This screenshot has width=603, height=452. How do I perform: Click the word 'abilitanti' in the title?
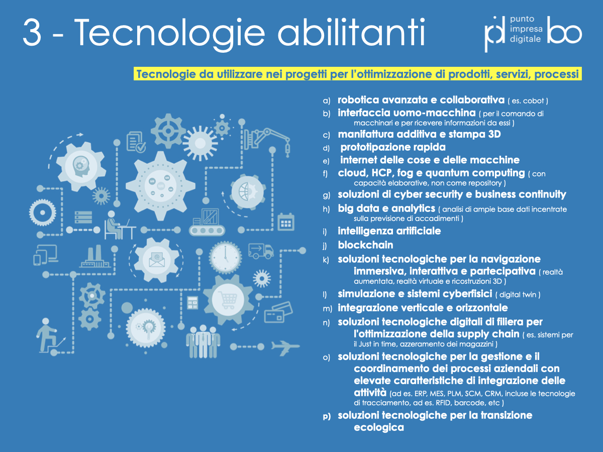pyautogui.click(x=352, y=32)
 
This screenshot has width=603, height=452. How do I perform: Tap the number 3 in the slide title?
pyautogui.click(x=33, y=32)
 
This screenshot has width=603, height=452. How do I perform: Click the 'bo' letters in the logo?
pyautogui.click(x=564, y=30)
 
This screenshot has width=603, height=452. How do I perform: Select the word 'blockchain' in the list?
pyautogui.click(x=365, y=245)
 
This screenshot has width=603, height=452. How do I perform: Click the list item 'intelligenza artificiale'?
pyautogui.click(x=389, y=231)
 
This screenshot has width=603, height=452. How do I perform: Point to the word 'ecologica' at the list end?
pyautogui.click(x=379, y=427)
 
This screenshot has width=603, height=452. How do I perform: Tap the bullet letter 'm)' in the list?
pyautogui.click(x=328, y=309)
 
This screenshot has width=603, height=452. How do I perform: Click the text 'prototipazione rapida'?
pyautogui.click(x=393, y=147)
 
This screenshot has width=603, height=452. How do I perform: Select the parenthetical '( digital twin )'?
pyautogui.click(x=518, y=295)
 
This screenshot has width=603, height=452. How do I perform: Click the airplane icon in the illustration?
pyautogui.click(x=285, y=348)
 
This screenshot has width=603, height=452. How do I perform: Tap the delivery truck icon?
pyautogui.click(x=261, y=251)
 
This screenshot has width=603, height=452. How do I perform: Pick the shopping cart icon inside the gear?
pyautogui.click(x=228, y=299)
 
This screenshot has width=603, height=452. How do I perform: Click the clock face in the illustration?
pyautogui.click(x=225, y=258)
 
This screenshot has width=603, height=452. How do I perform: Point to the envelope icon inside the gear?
pyautogui.click(x=157, y=260)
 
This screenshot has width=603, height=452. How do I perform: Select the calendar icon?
pyautogui.click(x=286, y=222)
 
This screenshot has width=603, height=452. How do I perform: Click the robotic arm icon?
pyautogui.click(x=266, y=141)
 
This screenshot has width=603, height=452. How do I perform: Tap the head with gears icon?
pyautogui.click(x=81, y=166)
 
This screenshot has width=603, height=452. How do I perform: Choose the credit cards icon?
pyautogui.click(x=278, y=312)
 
